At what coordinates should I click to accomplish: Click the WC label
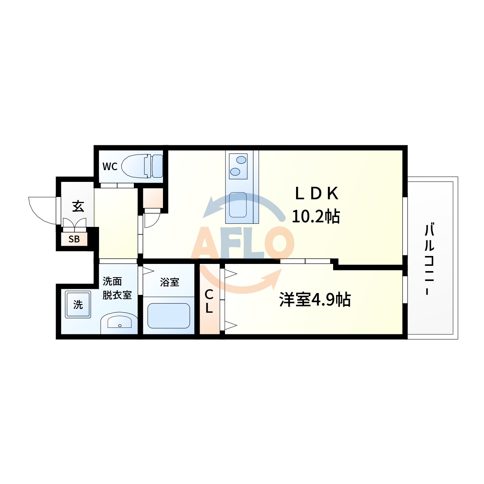click(x=110, y=166)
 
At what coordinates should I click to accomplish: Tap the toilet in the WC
click(x=142, y=166)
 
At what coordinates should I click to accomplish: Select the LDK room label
click(x=317, y=194)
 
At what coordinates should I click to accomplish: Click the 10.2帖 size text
click(x=316, y=216)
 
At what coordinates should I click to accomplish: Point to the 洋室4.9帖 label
click(x=315, y=299)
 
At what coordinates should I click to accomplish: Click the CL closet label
click(x=209, y=301)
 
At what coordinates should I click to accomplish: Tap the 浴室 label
click(x=169, y=282)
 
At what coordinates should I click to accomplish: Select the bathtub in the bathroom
click(x=169, y=316)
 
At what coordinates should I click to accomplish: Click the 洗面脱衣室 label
click(x=117, y=288)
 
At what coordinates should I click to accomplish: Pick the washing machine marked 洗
click(x=78, y=304)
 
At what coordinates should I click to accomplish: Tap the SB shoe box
click(x=74, y=239)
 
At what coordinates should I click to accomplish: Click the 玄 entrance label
click(x=78, y=206)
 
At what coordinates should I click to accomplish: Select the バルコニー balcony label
click(x=429, y=259)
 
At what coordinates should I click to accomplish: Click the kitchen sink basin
click(x=238, y=205)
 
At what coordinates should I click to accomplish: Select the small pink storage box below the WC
click(x=153, y=198)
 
